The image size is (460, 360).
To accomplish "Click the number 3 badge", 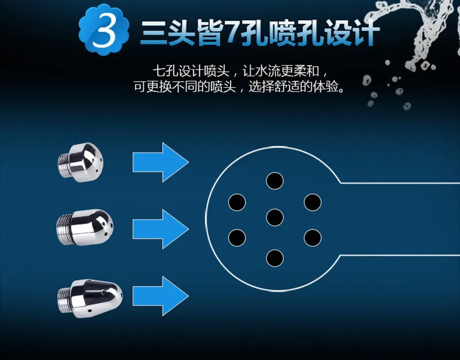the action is pos(104,30).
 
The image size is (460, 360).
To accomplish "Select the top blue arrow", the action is pos(161,162).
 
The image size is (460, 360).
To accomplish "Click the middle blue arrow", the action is pos(161,229).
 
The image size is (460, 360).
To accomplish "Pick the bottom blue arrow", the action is pos(161,296).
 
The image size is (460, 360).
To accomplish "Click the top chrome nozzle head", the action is pos(80,162).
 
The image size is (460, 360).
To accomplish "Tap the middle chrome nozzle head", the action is pos(85,227).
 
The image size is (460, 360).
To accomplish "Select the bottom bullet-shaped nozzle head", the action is pos(90,298).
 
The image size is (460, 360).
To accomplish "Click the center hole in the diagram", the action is pos(275,218).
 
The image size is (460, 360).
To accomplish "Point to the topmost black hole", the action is pos(275,181).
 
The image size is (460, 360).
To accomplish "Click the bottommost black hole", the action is pos(275,258).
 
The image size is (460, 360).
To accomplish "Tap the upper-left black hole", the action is pos(237,202).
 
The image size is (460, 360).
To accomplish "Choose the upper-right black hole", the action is pos(313,202).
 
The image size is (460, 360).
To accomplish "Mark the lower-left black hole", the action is pos(237,238).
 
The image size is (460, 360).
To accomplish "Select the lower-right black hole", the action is pos(313,238).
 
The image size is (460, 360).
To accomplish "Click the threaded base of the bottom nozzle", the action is pos(64,298).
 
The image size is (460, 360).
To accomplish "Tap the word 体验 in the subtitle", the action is pos(325,87).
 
